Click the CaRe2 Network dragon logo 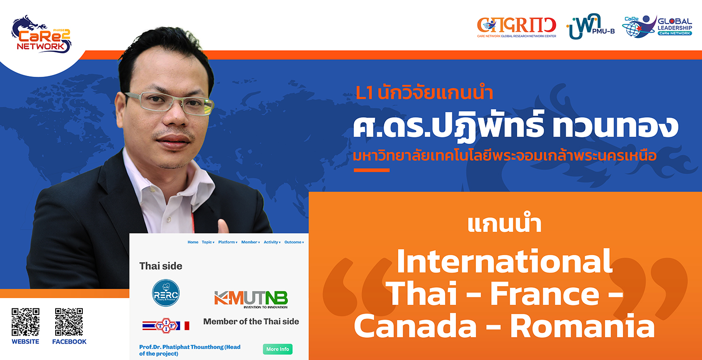pyautogui.click(x=41, y=35)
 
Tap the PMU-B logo pyautogui.click(x=590, y=26)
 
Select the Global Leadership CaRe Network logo pyautogui.click(x=657, y=26)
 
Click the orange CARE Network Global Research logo pyautogui.click(x=517, y=27)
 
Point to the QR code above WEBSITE pyautogui.click(x=25, y=322)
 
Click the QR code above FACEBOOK pyautogui.click(x=69, y=322)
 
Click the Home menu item pyautogui.click(x=193, y=242)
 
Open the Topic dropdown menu pyautogui.click(x=208, y=242)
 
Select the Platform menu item pyautogui.click(x=228, y=242)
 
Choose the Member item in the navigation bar pyautogui.click(x=250, y=242)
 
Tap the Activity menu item pyautogui.click(x=272, y=242)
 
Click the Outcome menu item pyautogui.click(x=294, y=242)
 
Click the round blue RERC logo pyautogui.click(x=166, y=293)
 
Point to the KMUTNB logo pyautogui.click(x=251, y=300)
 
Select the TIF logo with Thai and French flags pyautogui.click(x=166, y=325)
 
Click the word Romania pyautogui.click(x=582, y=327)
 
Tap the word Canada pyautogui.click(x=415, y=327)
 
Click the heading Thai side pyautogui.click(x=161, y=266)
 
